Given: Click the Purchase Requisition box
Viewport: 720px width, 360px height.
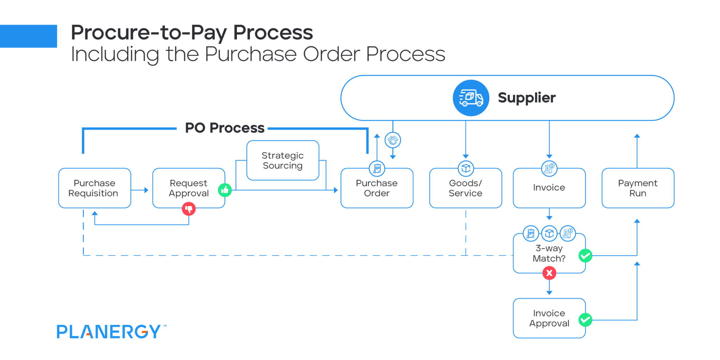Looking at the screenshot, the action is click(95, 188).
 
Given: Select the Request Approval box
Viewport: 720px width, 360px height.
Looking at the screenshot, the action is click(189, 188).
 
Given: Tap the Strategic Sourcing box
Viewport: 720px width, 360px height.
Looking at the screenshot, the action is click(283, 160).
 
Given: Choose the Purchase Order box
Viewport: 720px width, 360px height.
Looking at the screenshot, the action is click(377, 188).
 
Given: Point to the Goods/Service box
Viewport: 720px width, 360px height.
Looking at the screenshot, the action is click(465, 188).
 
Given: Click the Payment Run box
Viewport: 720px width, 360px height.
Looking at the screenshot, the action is click(638, 188).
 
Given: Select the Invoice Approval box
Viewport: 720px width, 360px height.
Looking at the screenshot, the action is click(549, 318).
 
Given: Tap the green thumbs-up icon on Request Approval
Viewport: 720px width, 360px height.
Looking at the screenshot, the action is click(225, 190).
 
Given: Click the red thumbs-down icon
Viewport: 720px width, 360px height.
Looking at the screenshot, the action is click(189, 209).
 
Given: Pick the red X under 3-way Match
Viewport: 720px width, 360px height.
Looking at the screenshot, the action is click(549, 273).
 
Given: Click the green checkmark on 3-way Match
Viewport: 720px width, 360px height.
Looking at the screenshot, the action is click(585, 256).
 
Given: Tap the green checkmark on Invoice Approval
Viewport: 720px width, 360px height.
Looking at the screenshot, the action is click(585, 320).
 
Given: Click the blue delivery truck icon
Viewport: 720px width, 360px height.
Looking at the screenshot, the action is click(471, 98).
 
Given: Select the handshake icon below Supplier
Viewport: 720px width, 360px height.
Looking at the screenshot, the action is click(393, 140).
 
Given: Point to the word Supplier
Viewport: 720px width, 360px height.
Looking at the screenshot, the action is click(527, 98).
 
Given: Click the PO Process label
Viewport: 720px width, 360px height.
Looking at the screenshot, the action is click(225, 128).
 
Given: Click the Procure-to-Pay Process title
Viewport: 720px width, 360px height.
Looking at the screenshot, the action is click(192, 33).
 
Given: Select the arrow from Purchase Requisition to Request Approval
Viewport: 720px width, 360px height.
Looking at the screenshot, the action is click(140, 190).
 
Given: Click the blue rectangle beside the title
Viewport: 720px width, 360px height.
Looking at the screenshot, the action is click(28, 36).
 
